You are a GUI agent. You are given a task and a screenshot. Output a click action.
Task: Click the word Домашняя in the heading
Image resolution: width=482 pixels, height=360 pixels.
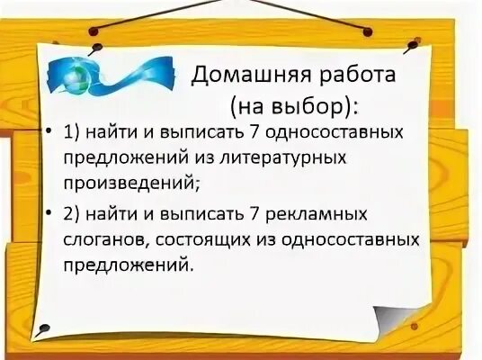pyautogui.click(x=243, y=76)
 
